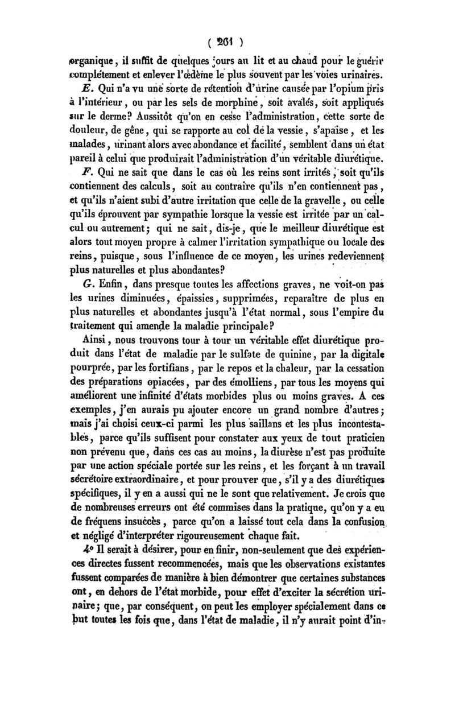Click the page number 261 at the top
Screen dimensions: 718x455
pyautogui.click(x=227, y=41)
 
